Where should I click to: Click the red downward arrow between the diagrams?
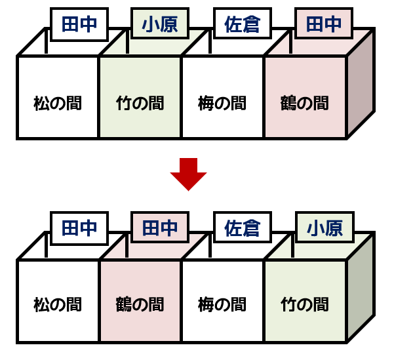(188, 172)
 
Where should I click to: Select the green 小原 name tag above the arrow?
(161, 25)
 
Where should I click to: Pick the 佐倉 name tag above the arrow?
(243, 25)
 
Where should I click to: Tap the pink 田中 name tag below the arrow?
(161, 228)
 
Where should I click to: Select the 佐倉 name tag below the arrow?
(243, 228)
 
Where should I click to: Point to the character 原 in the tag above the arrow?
(170, 25)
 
